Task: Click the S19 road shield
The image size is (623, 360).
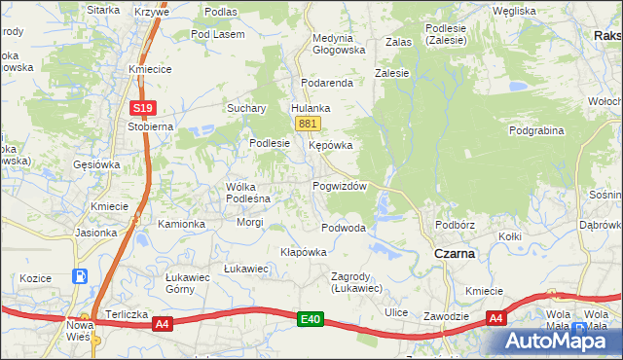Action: coord(142,108)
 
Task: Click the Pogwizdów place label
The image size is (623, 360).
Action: coord(339,186)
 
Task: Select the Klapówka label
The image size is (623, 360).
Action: coord(303,252)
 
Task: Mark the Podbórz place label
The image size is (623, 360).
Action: coord(455,225)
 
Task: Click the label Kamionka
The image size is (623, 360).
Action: coord(181,224)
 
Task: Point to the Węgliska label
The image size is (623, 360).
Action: coord(514,11)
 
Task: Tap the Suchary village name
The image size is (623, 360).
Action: coord(246,108)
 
